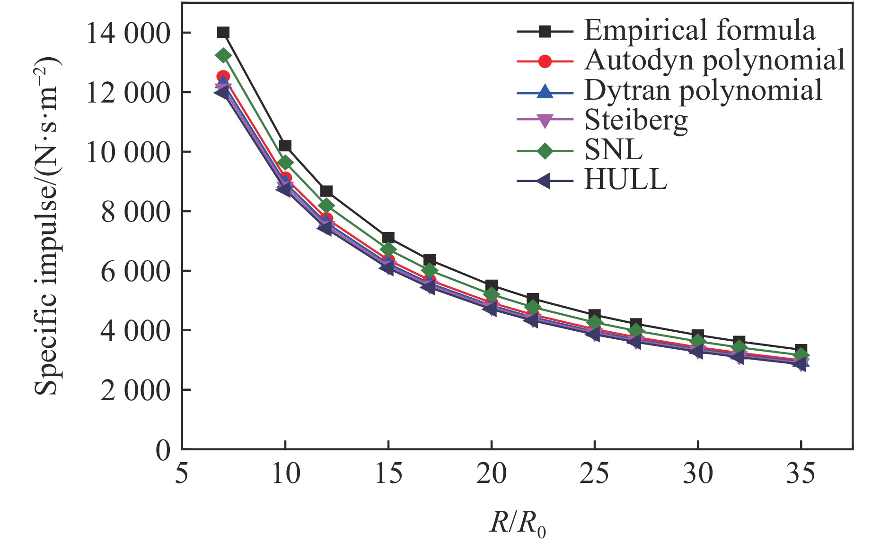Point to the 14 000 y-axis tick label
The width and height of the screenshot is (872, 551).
coord(128,33)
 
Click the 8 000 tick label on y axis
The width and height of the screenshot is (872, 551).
coord(135,212)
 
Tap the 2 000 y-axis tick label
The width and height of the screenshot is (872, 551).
coord(135,390)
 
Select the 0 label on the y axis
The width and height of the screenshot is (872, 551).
coord(163,450)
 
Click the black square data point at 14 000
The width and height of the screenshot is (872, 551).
coord(223,32)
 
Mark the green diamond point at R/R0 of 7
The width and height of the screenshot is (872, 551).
coord(223,55)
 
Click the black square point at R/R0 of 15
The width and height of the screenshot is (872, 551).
coord(388,238)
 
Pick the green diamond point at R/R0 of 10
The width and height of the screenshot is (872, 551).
coord(285,163)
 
